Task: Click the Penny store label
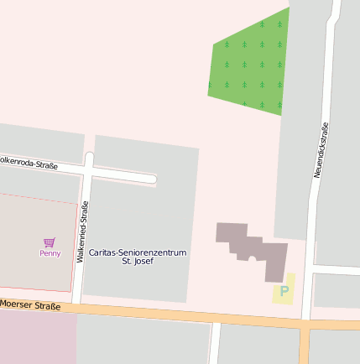coord(50,253)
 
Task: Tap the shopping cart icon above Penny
coord(50,242)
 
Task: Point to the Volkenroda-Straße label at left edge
coord(29,163)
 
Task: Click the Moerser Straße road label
coord(31,306)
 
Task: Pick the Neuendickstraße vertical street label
coord(321,149)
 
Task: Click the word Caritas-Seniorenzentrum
coord(138,252)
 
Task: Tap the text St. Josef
coord(138,262)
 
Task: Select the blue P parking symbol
coord(284,291)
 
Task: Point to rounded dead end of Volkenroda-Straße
coord(152,179)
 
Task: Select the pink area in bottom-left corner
coord(34,340)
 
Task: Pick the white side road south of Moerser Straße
coord(214,344)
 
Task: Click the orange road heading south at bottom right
coord(304,348)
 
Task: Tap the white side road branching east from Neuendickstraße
coord(336,269)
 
